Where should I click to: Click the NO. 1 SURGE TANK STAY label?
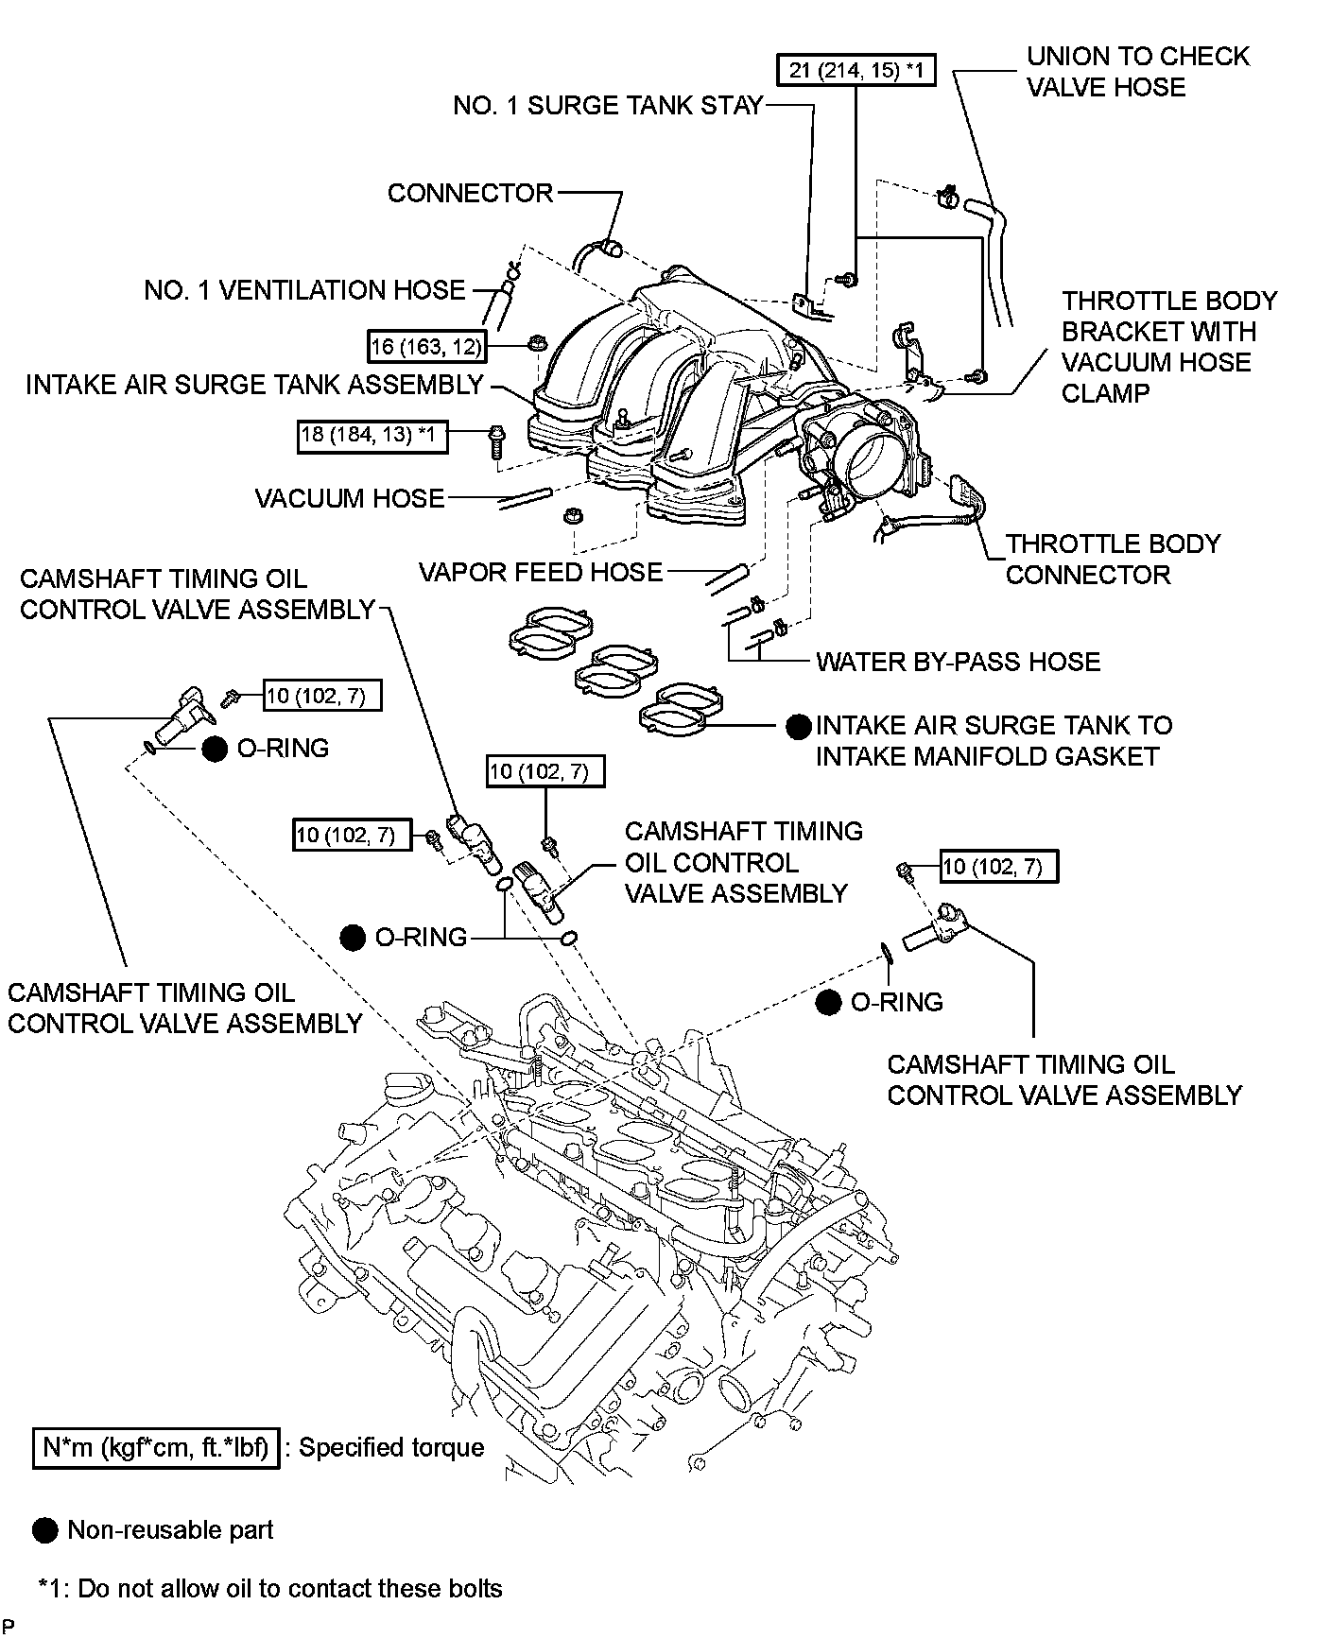607,105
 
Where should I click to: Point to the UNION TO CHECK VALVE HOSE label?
1137,72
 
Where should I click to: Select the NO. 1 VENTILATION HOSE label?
304,290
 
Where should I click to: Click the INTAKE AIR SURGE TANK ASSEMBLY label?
254,385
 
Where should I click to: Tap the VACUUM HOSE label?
350,498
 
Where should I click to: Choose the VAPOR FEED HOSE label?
541,572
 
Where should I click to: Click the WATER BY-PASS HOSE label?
958,662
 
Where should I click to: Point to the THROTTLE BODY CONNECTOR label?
1113,559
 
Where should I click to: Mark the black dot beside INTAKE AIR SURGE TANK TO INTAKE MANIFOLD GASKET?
799,726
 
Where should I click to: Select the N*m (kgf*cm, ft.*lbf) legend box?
156,1447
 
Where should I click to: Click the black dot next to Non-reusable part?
44,1531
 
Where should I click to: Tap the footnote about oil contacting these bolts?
270,1588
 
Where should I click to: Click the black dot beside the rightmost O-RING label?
829,1003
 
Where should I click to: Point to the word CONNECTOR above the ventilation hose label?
470,193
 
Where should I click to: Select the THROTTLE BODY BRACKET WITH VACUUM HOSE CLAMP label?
1168,347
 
